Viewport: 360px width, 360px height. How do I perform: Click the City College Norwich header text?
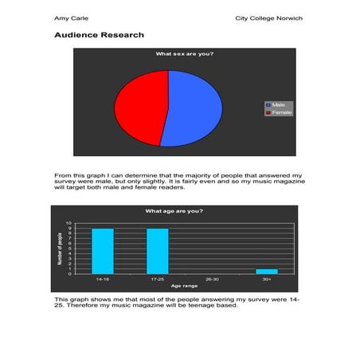pyautogui.click(x=269, y=18)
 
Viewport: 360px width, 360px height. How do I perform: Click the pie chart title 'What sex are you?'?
pyautogui.click(x=184, y=54)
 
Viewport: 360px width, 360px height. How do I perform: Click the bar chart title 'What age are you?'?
pyautogui.click(x=174, y=211)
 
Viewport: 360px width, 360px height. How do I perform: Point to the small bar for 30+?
pyautogui.click(x=267, y=271)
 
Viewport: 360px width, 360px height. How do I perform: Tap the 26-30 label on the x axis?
pyautogui.click(x=212, y=280)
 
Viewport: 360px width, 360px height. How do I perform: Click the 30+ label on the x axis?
pyautogui.click(x=267, y=280)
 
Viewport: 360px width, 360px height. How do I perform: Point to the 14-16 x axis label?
pyautogui.click(x=103, y=280)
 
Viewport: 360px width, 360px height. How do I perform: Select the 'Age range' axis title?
pyautogui.click(x=185, y=286)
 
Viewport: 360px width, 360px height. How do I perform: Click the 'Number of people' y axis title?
pyautogui.click(x=60, y=248)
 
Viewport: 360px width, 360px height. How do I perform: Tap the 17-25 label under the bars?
pyautogui.click(x=158, y=280)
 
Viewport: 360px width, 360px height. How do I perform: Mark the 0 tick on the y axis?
pyautogui.click(x=69, y=273)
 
